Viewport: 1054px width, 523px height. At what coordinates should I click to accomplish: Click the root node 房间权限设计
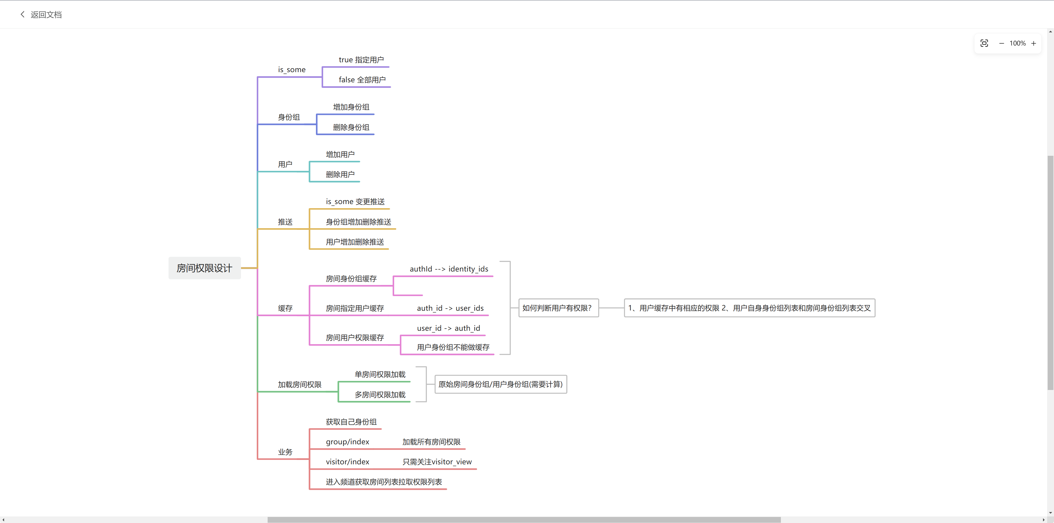(204, 268)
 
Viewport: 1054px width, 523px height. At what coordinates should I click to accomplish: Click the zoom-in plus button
(1033, 43)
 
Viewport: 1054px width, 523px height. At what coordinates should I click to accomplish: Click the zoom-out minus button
(1001, 43)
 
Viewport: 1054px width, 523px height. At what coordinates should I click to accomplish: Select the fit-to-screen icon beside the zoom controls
(985, 43)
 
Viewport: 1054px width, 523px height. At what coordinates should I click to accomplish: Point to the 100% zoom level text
(1017, 43)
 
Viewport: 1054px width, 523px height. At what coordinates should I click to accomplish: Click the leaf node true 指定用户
(361, 60)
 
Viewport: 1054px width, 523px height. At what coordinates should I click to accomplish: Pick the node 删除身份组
(351, 127)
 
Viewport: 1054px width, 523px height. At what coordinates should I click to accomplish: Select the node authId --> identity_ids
(449, 269)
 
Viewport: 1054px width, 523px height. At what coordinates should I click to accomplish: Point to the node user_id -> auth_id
(448, 328)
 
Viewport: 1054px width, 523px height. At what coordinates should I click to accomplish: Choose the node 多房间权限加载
(380, 395)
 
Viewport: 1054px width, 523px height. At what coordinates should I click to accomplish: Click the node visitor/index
(347, 462)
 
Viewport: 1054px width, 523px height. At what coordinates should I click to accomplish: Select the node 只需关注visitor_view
(437, 462)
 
